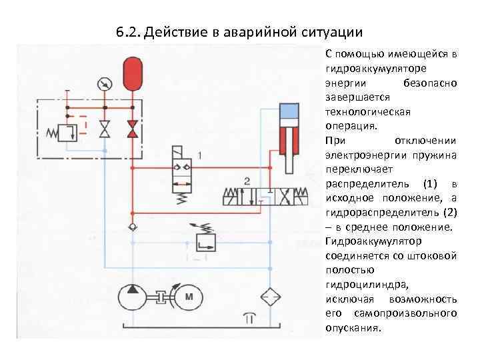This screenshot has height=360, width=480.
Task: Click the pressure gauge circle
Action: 104,84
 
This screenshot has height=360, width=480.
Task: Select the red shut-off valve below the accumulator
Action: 133,129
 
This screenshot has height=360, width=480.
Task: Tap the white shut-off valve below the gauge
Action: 104,129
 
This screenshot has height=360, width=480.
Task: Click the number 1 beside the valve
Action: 200,156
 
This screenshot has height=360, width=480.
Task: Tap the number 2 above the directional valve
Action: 247,181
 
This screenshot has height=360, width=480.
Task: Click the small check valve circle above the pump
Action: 133,227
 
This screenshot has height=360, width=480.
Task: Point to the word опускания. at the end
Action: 353,327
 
